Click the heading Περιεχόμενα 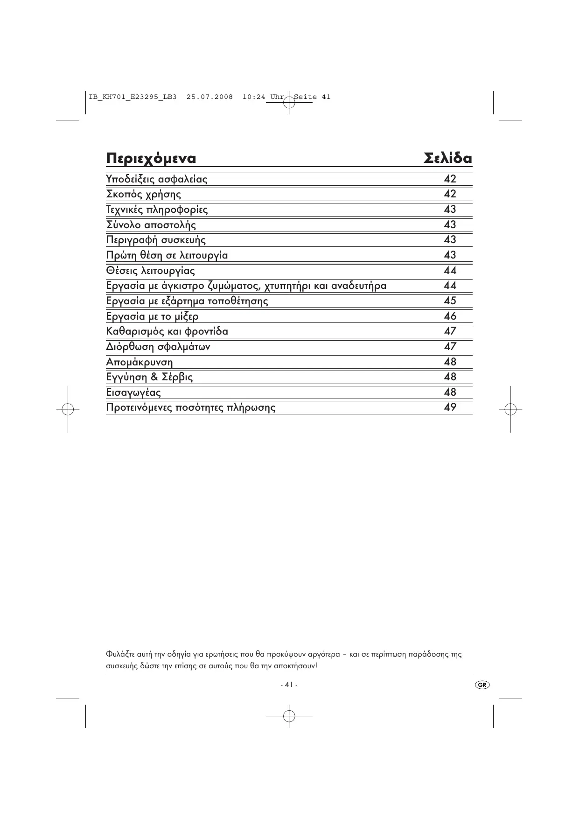click(x=151, y=159)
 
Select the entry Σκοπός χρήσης click(x=143, y=194)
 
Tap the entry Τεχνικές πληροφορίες click(x=157, y=210)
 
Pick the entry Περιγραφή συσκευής click(x=156, y=240)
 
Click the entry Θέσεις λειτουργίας click(x=150, y=271)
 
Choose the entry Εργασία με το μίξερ click(x=152, y=316)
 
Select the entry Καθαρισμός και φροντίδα click(x=167, y=332)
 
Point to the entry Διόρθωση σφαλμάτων click(x=158, y=347)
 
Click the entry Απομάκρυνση click(x=139, y=362)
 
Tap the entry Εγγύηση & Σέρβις click(x=149, y=377)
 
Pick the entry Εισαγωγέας click(x=133, y=392)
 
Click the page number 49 click(x=450, y=407)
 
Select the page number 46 click(x=450, y=316)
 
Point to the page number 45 click(x=450, y=301)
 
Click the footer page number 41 click(x=289, y=685)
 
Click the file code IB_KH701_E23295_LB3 click(x=133, y=97)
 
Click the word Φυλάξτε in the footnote click(x=119, y=654)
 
